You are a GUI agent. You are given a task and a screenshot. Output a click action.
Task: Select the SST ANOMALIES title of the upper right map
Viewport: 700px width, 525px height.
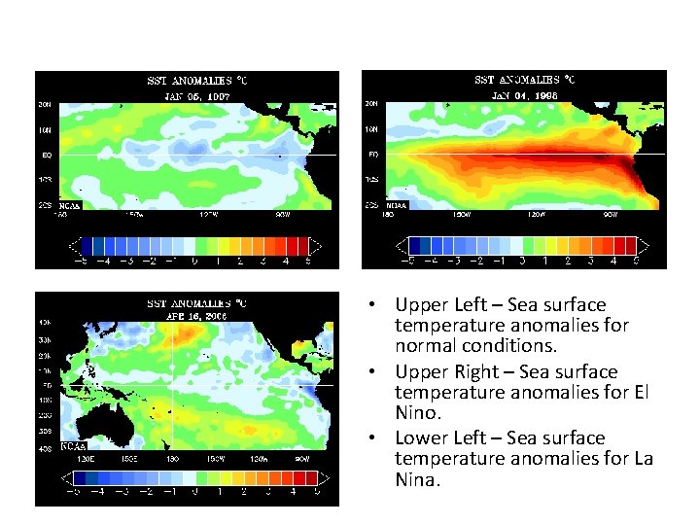[522, 80]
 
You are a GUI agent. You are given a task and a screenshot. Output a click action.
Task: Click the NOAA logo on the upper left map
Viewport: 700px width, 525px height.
[69, 206]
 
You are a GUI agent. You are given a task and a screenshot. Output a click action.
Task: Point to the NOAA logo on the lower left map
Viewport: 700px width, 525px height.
[73, 447]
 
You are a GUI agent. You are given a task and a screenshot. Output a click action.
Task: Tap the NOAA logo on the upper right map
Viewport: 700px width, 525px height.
[397, 206]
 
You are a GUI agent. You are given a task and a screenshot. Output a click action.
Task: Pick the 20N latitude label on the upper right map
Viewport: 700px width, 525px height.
[371, 104]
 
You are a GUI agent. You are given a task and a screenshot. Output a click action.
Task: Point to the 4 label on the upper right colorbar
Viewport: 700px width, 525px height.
[612, 261]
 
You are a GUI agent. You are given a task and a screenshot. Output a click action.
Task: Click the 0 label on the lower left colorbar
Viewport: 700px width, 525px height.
[195, 493]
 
